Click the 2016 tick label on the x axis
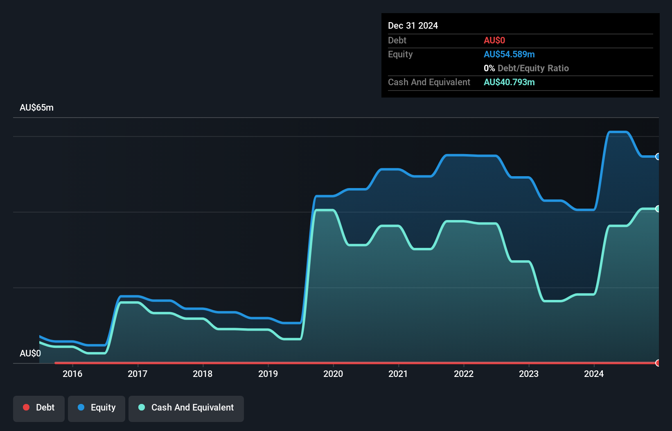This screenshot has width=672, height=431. [x=72, y=374]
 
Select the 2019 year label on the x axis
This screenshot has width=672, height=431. [x=268, y=374]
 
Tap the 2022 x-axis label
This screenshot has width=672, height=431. [x=464, y=374]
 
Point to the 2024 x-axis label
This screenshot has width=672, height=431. [x=594, y=374]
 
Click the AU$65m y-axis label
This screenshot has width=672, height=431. [x=36, y=107]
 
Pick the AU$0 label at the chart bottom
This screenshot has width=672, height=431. [x=30, y=353]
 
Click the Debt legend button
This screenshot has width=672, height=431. [x=39, y=408]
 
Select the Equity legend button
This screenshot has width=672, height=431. [x=97, y=408]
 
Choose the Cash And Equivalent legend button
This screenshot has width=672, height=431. [x=186, y=408]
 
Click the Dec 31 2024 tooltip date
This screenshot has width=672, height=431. [x=413, y=25]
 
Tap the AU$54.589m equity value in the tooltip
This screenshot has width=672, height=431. [x=509, y=54]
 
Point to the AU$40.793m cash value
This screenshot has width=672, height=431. [x=509, y=82]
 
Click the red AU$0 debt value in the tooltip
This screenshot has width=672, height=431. [x=494, y=40]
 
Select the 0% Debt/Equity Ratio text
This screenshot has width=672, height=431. [x=526, y=68]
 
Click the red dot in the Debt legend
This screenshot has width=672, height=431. [x=26, y=407]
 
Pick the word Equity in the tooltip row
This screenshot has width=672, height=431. [x=400, y=54]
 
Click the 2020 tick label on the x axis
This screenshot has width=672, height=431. [x=333, y=374]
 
